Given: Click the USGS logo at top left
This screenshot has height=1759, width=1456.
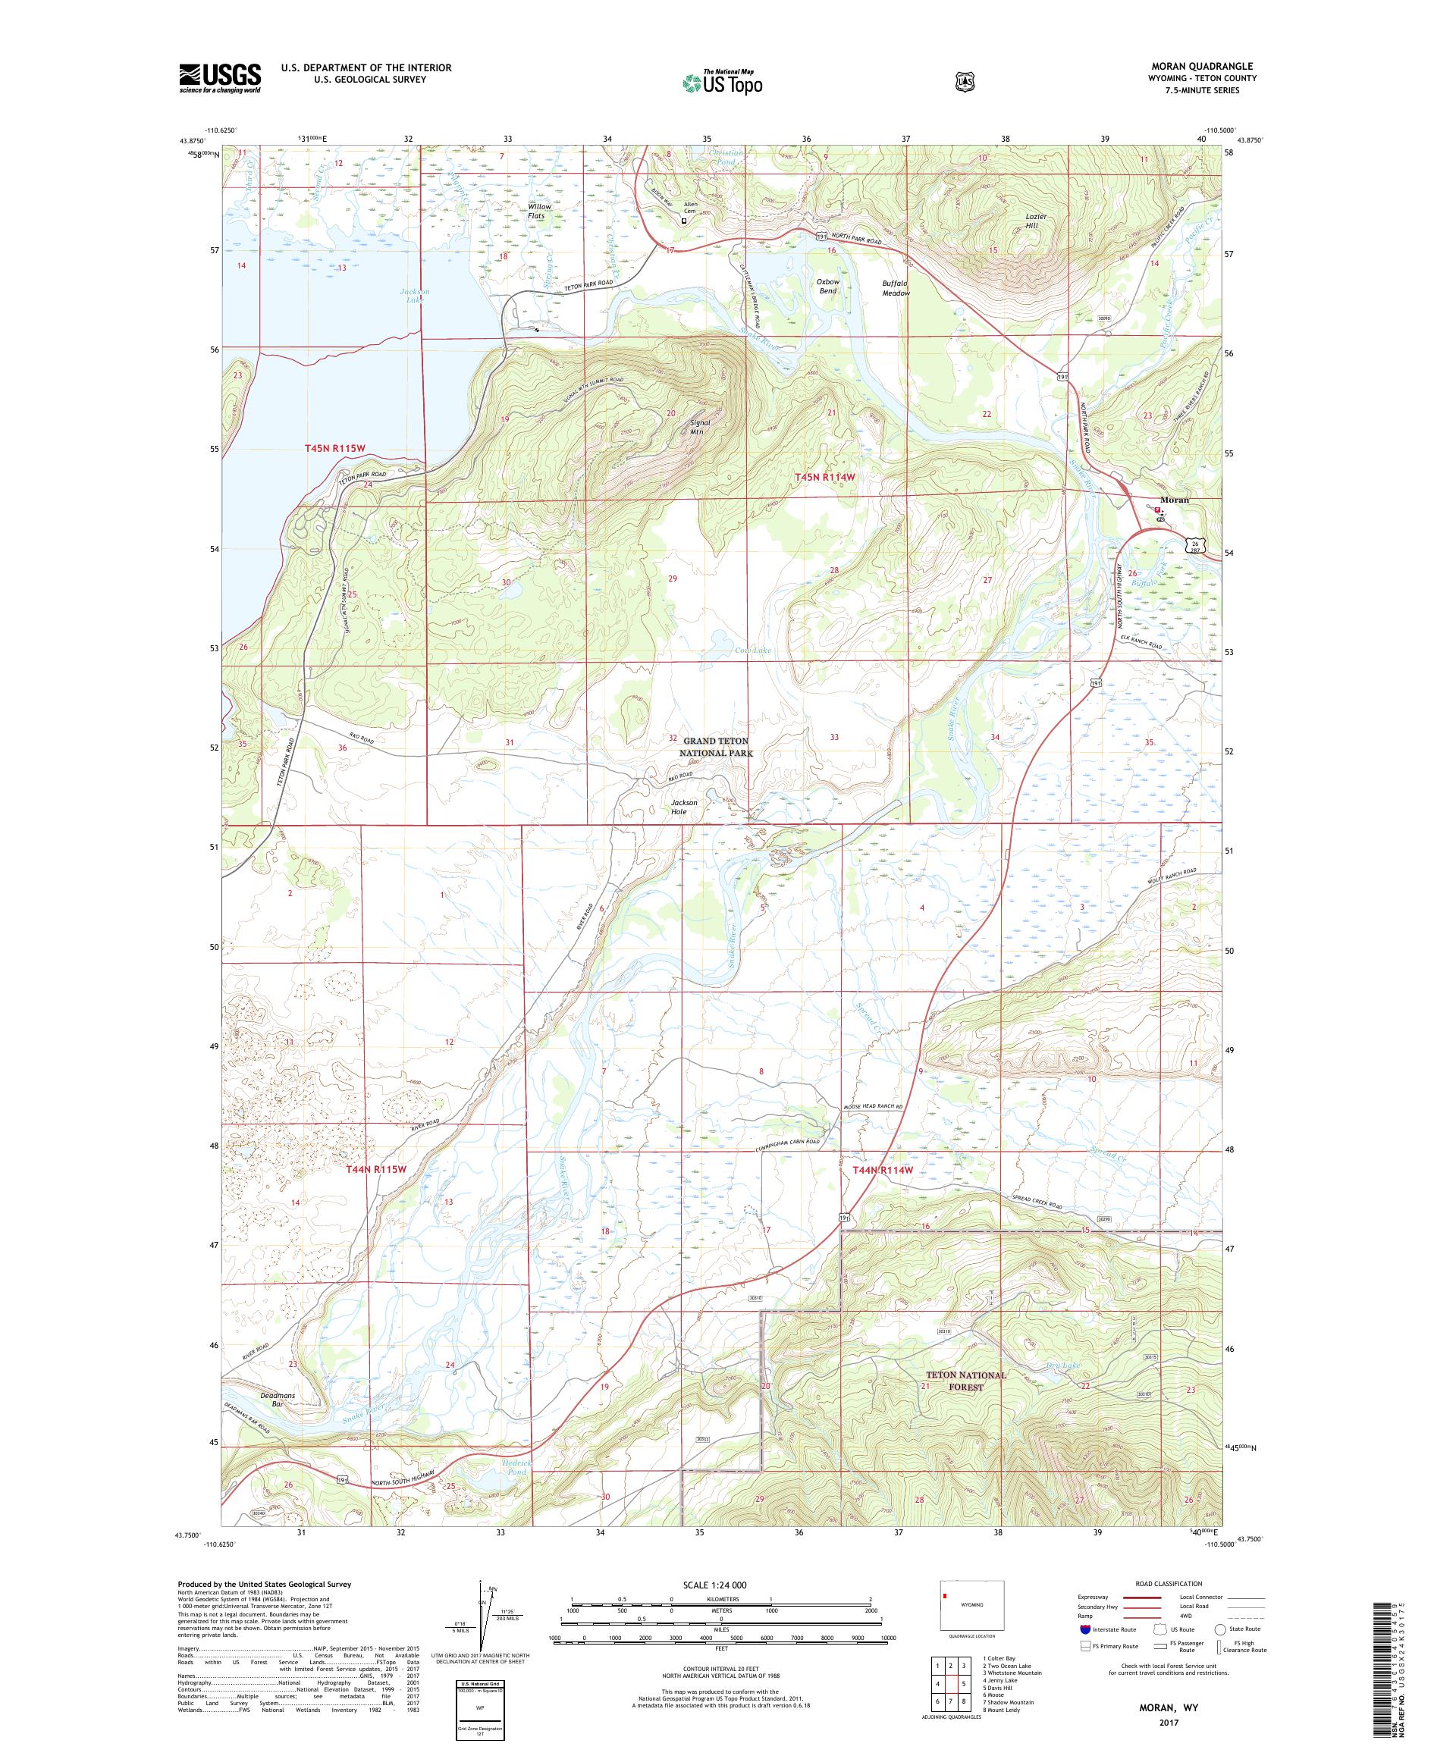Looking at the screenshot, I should (219, 79).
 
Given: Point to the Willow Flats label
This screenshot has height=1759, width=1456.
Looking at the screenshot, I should (535, 211).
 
